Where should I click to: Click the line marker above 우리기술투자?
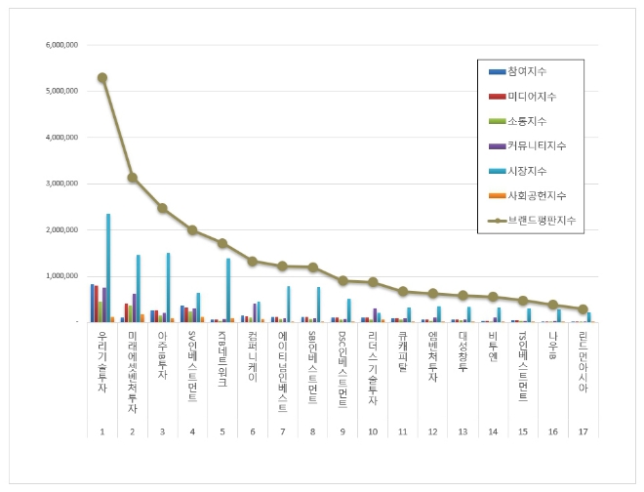click(x=102, y=78)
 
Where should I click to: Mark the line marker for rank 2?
click(x=133, y=178)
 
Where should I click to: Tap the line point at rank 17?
click(x=584, y=308)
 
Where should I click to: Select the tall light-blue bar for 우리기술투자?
click(x=108, y=267)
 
